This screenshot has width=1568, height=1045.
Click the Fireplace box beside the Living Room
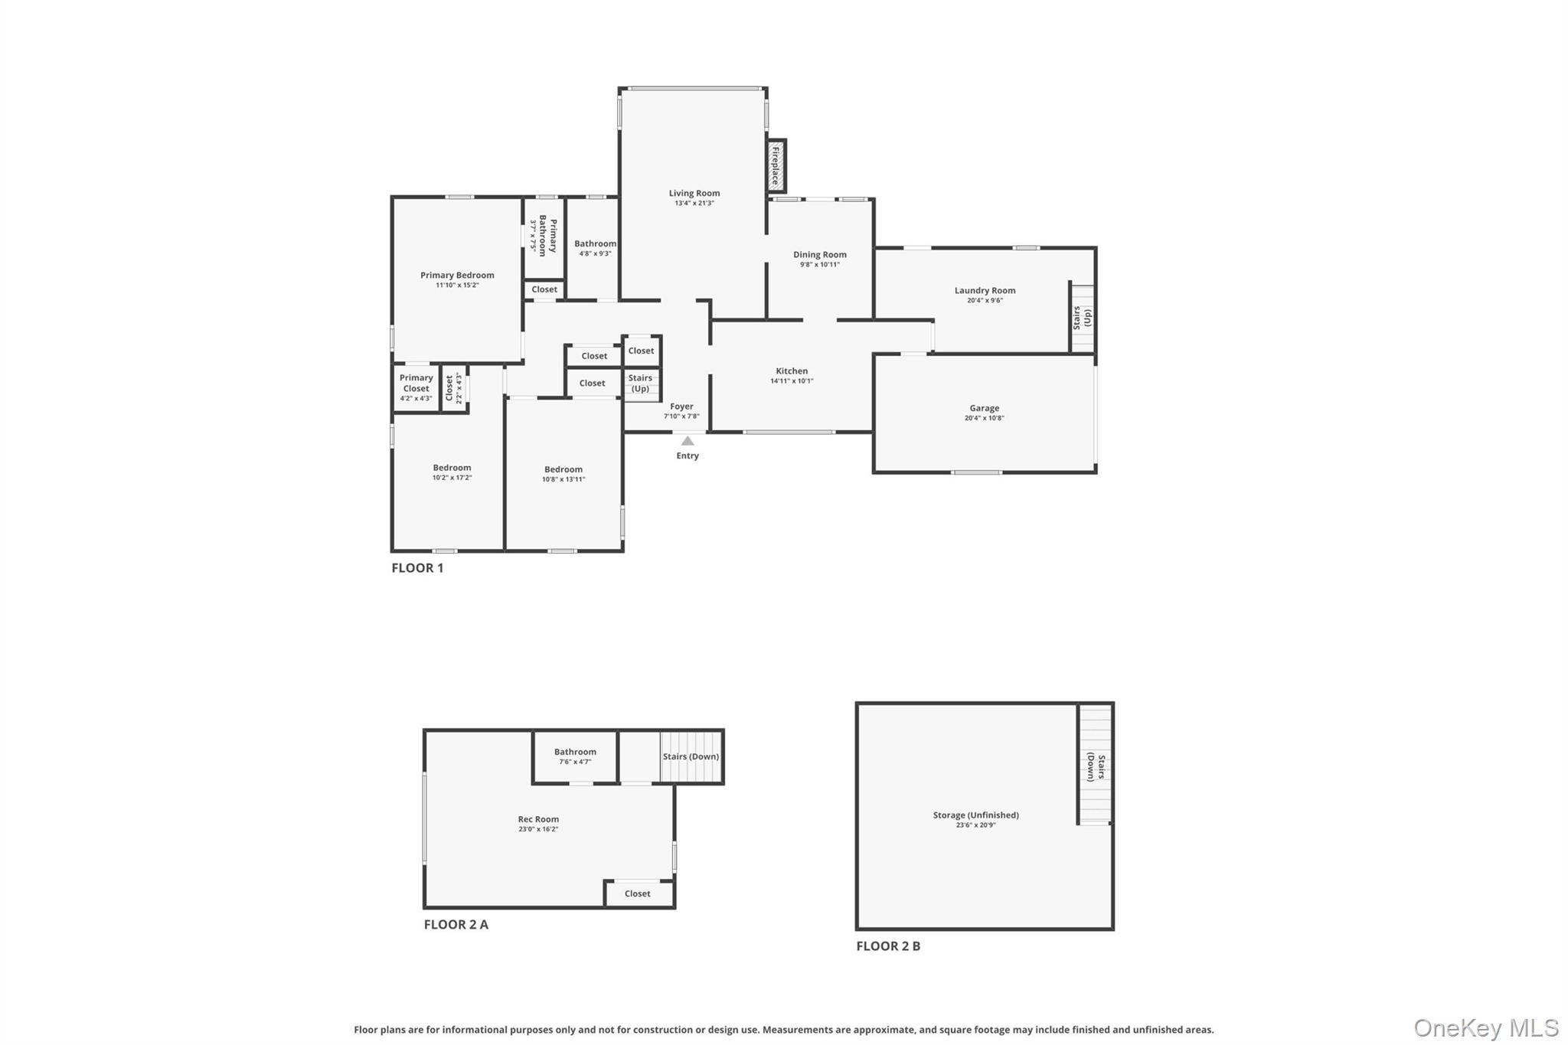coord(776,166)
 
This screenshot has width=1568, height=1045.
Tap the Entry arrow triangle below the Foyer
coord(688,440)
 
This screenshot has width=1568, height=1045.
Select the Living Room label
coord(694,193)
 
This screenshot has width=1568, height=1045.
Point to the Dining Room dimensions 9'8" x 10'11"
coord(820,265)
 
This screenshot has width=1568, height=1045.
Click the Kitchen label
coord(792,371)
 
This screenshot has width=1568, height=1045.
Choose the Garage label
coord(985,408)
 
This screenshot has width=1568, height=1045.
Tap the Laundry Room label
coord(985,290)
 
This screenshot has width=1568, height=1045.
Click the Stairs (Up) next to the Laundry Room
coord(1083,318)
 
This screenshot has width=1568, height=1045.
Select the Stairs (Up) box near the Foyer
coord(642,384)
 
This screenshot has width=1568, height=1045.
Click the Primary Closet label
coord(416,383)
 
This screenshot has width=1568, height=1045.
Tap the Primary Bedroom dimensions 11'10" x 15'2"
coord(457,286)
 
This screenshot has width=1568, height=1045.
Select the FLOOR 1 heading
coord(417,568)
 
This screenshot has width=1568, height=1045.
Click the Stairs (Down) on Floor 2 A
coord(691,757)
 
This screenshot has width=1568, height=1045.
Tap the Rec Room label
coord(538,819)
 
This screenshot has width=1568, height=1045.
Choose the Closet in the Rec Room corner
coord(639,893)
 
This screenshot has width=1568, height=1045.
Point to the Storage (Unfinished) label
coord(975,815)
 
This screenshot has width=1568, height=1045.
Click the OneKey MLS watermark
coord(1486,1027)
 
